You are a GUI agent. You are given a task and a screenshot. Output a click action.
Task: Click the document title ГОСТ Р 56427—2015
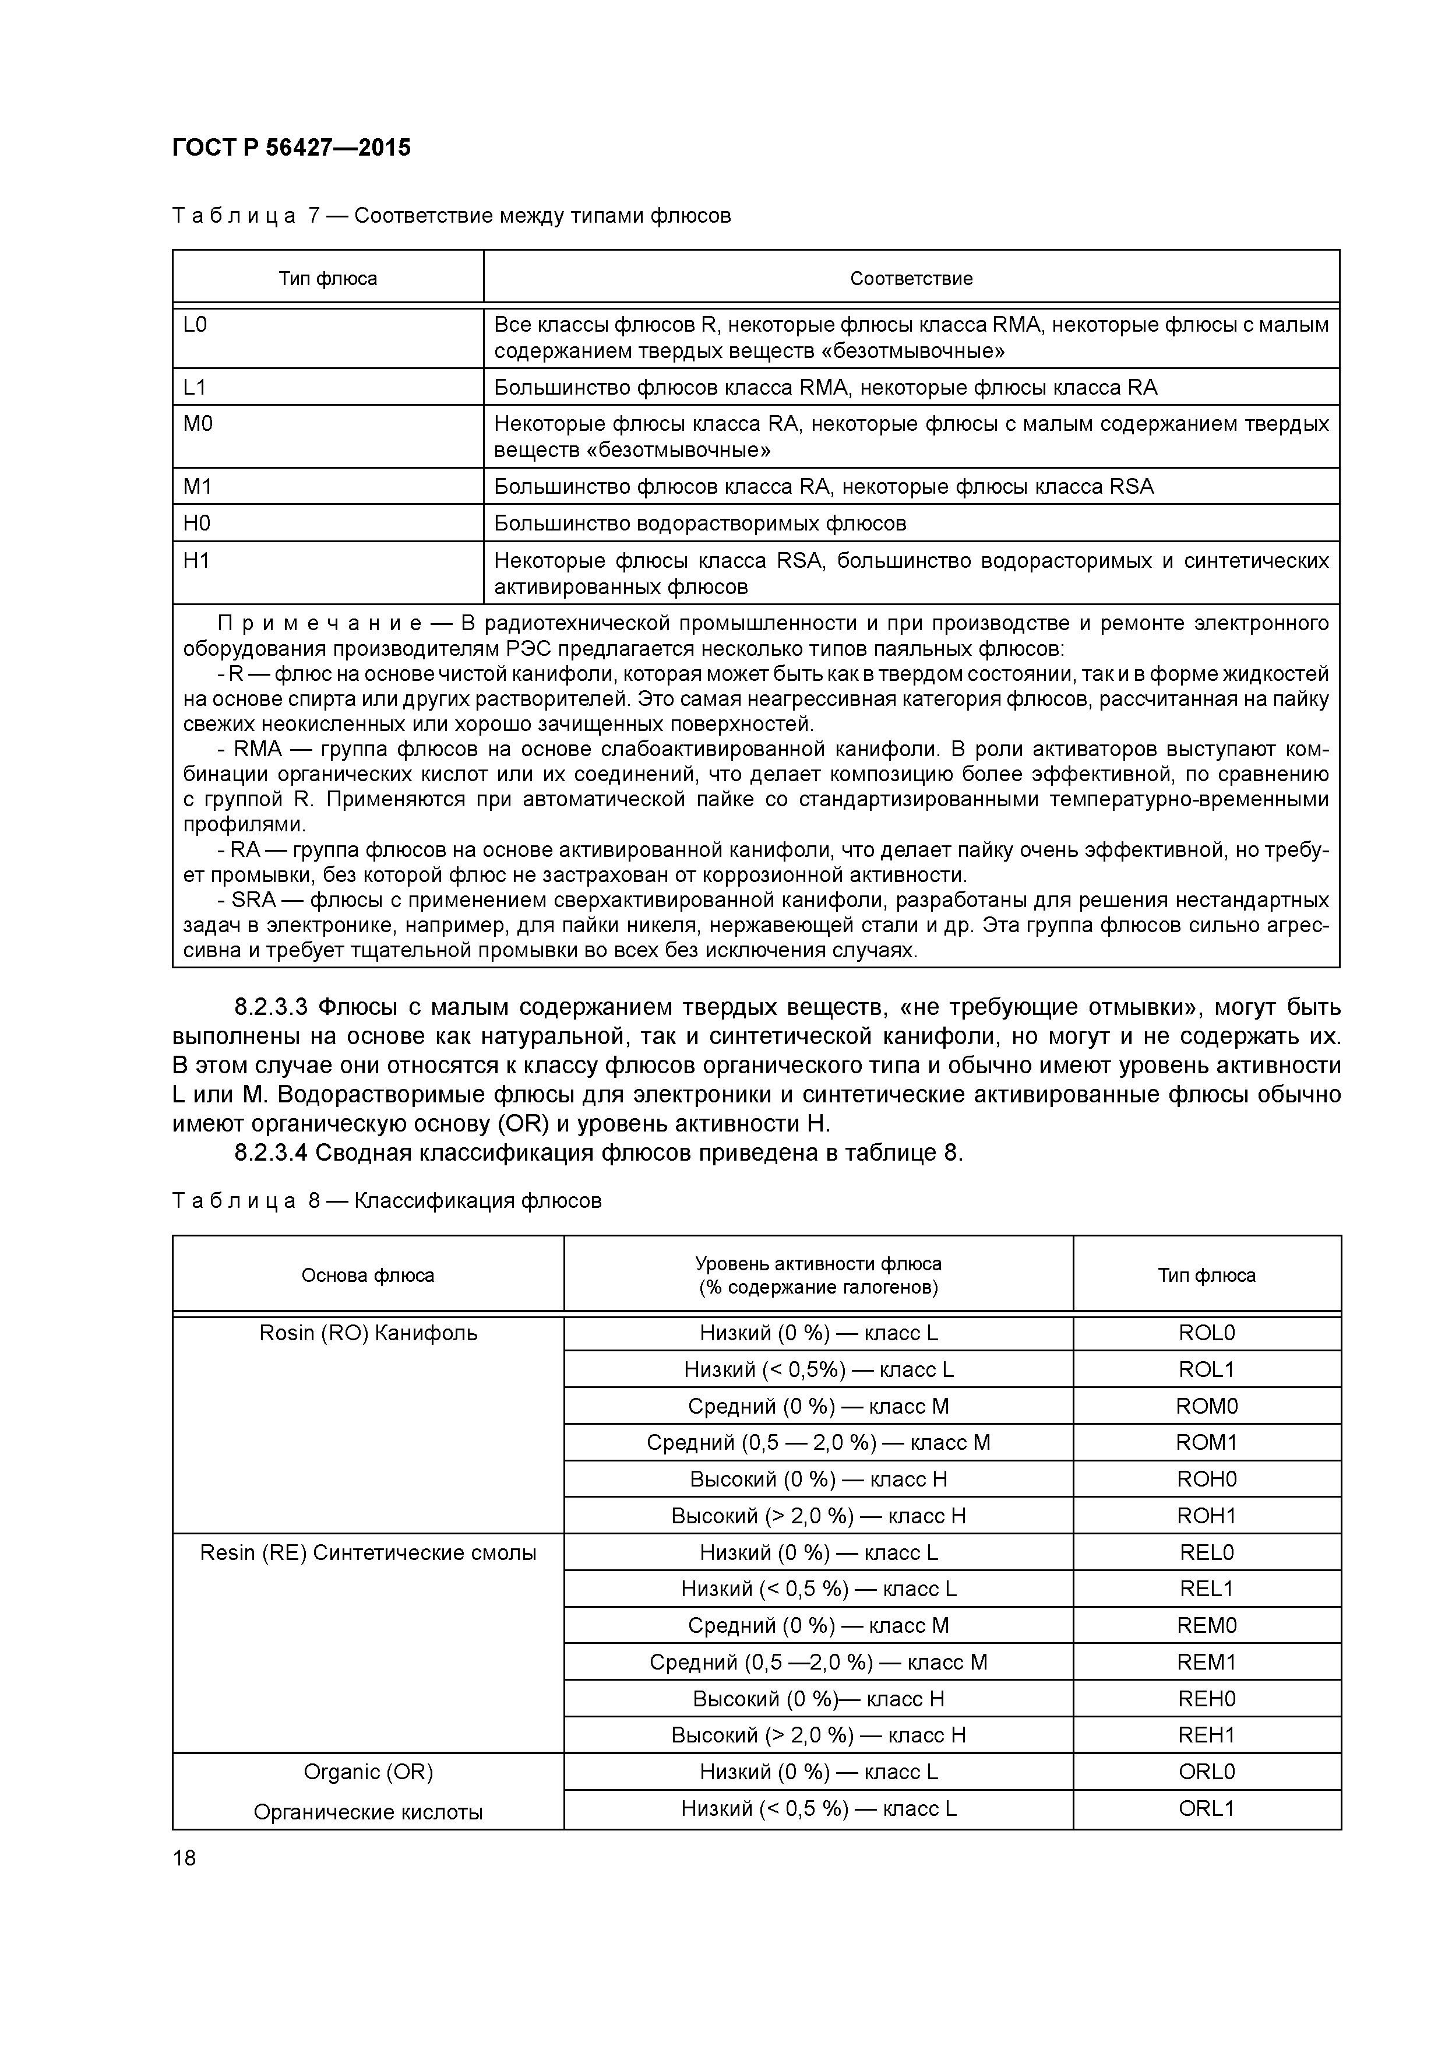coord(291,147)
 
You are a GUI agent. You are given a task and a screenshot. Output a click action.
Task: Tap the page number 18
coord(184,1858)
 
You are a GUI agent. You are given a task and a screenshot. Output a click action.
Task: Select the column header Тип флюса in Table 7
coord(327,279)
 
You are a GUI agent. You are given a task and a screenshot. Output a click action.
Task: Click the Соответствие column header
coord(911,279)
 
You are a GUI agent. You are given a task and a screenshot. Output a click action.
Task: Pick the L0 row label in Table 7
coord(195,325)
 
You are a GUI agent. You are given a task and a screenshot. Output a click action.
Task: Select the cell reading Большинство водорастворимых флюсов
coord(700,523)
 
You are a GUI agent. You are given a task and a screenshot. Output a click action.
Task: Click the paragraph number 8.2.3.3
coord(271,1007)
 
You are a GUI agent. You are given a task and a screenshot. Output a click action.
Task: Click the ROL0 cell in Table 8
coord(1206,1333)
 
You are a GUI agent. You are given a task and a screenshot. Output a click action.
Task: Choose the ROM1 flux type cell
coord(1206,1443)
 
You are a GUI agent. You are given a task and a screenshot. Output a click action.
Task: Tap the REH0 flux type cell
coord(1206,1699)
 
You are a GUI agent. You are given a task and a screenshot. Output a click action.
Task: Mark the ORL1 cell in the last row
coord(1206,1809)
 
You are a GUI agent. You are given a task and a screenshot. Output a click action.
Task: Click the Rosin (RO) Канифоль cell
coord(368,1333)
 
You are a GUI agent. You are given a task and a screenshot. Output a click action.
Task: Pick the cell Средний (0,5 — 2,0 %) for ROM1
coord(817,1443)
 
